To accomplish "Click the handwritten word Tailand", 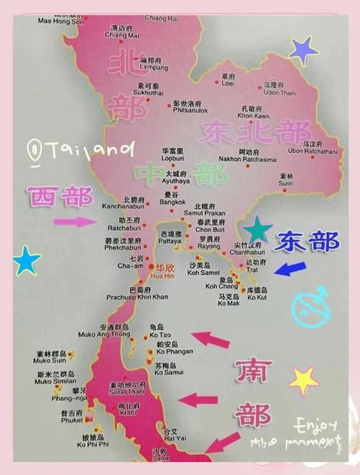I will point(90,150).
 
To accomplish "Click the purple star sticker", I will point(303,50).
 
